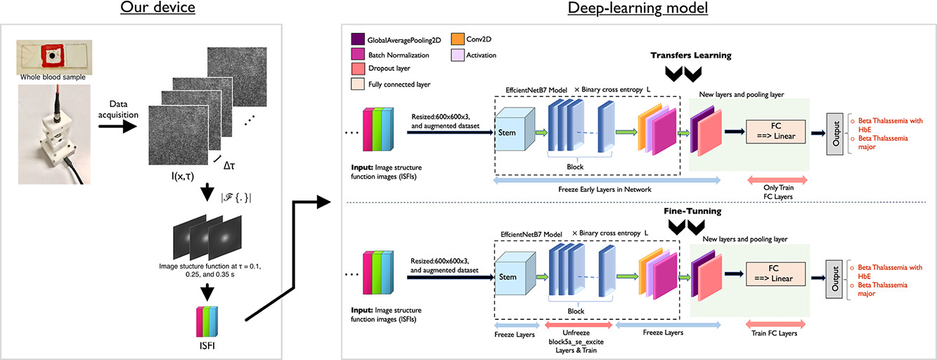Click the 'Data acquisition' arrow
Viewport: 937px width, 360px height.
click(115, 127)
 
